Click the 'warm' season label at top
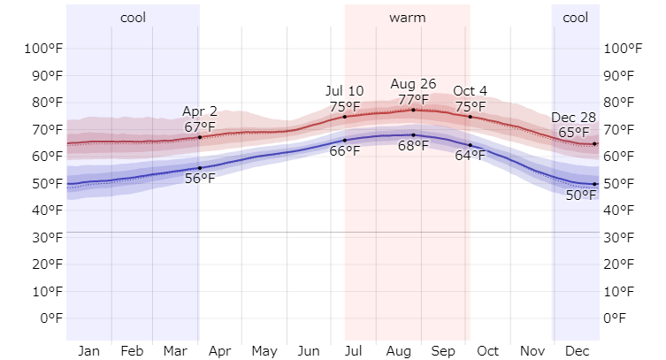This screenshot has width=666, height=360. (x=407, y=18)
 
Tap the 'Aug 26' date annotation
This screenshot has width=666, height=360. (x=413, y=85)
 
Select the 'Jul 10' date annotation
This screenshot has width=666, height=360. (x=344, y=91)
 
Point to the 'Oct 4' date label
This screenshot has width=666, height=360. (x=470, y=91)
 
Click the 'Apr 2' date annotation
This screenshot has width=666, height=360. (x=200, y=111)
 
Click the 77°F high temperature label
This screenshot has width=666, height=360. (x=413, y=99)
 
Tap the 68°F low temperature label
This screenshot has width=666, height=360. (x=413, y=146)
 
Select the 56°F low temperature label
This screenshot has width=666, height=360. (x=200, y=179)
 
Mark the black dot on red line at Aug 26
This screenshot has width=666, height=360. (x=413, y=110)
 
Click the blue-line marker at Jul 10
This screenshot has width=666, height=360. (x=345, y=141)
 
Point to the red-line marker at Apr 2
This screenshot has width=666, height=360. (x=200, y=137)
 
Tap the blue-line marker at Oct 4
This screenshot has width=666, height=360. (x=470, y=145)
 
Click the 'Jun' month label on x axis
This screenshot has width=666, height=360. (x=309, y=351)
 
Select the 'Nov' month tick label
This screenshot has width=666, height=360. (x=532, y=351)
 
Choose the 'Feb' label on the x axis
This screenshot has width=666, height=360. (x=132, y=351)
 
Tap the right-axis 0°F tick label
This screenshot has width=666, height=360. (x=619, y=318)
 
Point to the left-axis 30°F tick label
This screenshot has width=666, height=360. (x=42, y=237)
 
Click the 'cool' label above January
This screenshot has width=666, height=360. (x=133, y=18)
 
